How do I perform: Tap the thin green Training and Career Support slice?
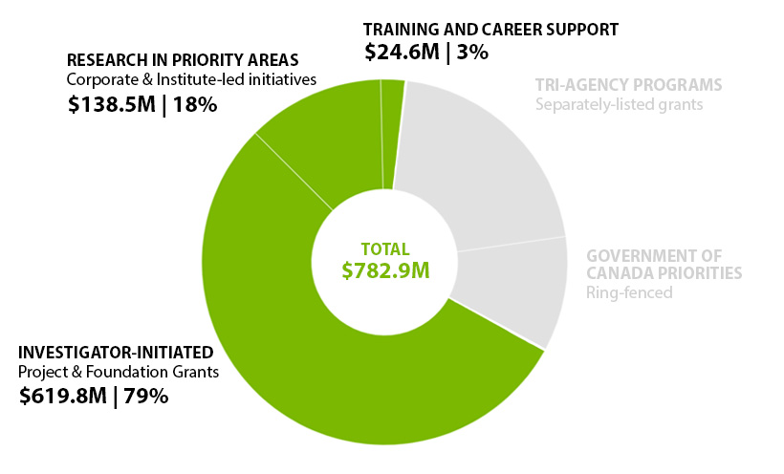click(x=391, y=134)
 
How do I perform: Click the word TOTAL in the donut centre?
click(x=384, y=249)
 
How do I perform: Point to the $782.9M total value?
click(x=385, y=270)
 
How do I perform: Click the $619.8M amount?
click(x=61, y=396)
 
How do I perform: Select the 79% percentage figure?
click(x=145, y=396)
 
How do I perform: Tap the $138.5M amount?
click(x=111, y=105)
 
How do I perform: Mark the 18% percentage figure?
click(x=194, y=105)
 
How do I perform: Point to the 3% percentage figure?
click(x=472, y=53)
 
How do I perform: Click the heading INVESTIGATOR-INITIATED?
click(x=116, y=353)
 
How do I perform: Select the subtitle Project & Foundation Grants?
click(x=120, y=373)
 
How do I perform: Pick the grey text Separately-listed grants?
click(x=619, y=103)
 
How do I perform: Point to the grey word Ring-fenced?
click(x=629, y=292)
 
